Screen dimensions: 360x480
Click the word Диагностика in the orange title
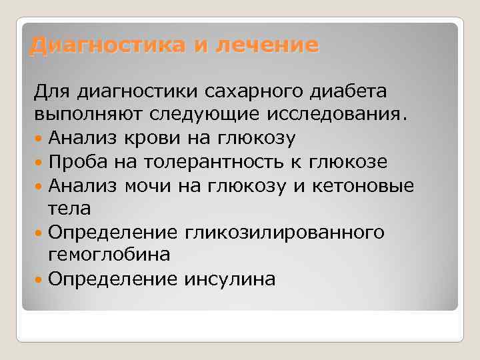click(x=109, y=45)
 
